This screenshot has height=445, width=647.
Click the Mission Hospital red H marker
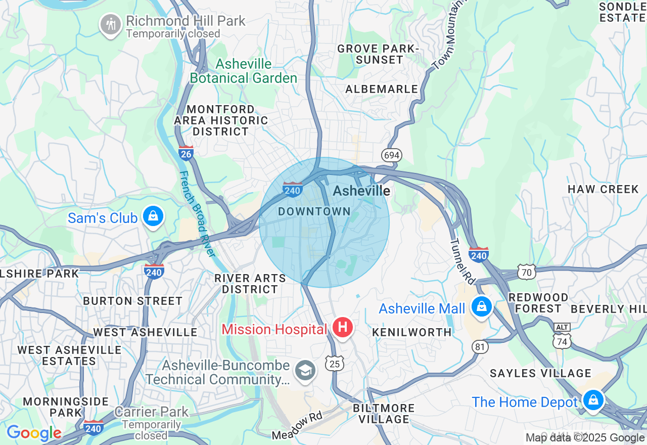pos(343,327)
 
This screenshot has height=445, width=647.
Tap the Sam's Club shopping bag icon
pos(152,216)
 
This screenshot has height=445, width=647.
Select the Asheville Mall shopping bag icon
pos(482,306)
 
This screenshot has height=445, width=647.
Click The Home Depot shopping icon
pos(593,401)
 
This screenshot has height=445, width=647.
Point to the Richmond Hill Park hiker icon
pos(110,24)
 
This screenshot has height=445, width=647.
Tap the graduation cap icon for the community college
pos(305,371)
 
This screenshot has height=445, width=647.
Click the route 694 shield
pos(392,155)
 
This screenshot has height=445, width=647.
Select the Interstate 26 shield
pos(186,153)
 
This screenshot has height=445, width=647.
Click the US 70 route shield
pos(526,273)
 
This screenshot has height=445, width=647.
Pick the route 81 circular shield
pos(480,346)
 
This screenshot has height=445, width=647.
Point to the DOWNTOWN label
pos(314,211)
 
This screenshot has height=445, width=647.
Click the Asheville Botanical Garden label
pos(244,71)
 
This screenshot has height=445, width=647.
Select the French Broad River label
pos(194,213)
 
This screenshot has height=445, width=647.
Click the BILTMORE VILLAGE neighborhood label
pos(384,414)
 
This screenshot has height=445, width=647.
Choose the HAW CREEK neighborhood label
pos(603,189)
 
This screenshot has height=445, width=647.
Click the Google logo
pos(34,433)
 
